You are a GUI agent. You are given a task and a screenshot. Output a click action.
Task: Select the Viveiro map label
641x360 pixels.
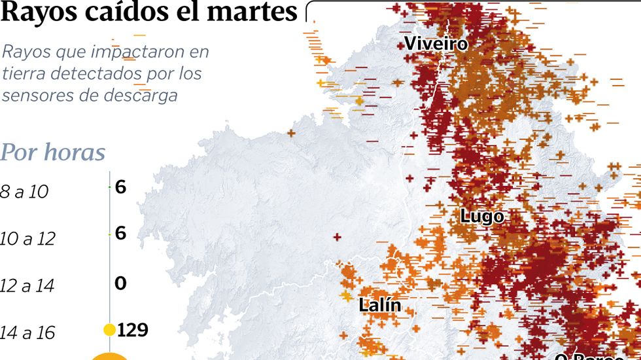436,44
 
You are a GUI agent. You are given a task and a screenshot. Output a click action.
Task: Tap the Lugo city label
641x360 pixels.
481,216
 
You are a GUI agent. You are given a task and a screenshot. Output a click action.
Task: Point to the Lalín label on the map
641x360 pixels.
379,304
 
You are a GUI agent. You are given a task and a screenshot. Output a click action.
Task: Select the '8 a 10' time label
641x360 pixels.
24,192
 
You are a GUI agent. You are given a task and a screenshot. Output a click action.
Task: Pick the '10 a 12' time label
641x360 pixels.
27,238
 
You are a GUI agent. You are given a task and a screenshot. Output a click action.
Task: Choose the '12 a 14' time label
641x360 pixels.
27,285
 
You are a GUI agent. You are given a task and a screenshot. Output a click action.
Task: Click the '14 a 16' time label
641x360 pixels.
27,333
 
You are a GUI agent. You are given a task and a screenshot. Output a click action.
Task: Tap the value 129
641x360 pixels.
133,329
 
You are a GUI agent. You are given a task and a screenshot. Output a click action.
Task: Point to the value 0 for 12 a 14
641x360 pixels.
120,283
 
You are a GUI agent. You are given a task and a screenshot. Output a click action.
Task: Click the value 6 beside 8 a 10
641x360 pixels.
120,187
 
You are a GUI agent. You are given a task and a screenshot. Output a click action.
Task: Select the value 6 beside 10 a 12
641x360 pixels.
120,233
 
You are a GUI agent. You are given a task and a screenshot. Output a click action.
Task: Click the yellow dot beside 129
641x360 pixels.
109,329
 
